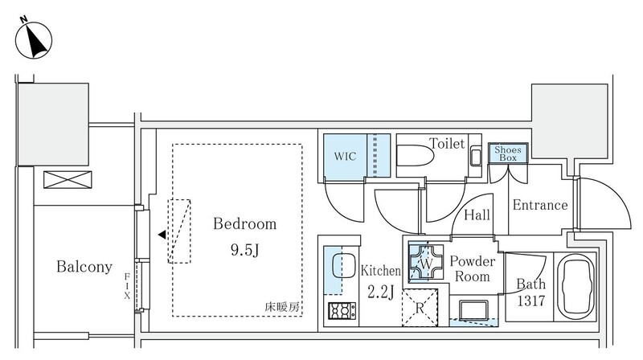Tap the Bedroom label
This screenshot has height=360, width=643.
(x=244, y=224)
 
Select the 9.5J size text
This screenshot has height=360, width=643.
(x=244, y=250)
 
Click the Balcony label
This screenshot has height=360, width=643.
(x=84, y=267)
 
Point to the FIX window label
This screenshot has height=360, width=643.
(x=127, y=284)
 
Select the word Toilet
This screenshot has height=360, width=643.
(x=446, y=144)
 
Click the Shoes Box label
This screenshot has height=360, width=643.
(x=507, y=153)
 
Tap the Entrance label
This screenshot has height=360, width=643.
(x=540, y=205)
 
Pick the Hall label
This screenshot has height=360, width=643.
(x=477, y=215)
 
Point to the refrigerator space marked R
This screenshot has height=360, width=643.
(x=419, y=306)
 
